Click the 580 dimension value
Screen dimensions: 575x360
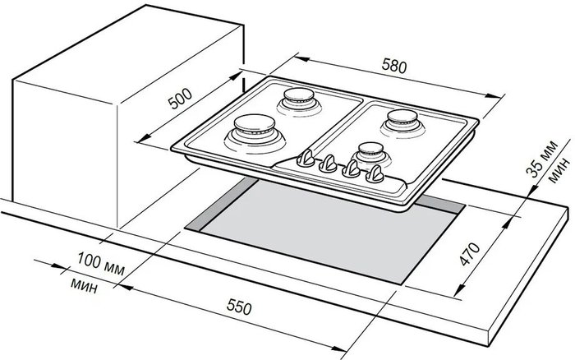[394, 67]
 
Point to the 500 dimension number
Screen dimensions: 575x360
[180, 99]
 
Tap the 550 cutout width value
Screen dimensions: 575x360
[239, 307]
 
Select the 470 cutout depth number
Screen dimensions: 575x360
[469, 254]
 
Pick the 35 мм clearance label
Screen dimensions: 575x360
[542, 158]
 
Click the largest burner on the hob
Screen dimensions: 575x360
[255, 134]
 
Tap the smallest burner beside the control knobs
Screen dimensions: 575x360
[370, 154]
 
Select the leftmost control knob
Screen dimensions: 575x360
[306, 159]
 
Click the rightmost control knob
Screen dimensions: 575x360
[375, 174]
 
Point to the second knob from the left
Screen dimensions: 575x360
[328, 164]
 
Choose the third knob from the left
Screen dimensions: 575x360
[352, 168]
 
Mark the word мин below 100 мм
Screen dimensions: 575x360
[84, 285]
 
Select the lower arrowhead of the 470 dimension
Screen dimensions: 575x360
[459, 289]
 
